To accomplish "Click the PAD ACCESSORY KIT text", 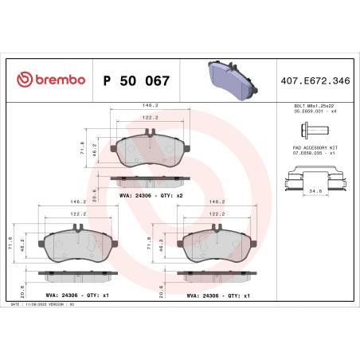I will [309, 148].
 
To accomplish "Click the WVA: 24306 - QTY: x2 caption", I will [151, 195].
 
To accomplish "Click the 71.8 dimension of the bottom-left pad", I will [10, 241].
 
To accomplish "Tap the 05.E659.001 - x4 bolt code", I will [309, 112].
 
